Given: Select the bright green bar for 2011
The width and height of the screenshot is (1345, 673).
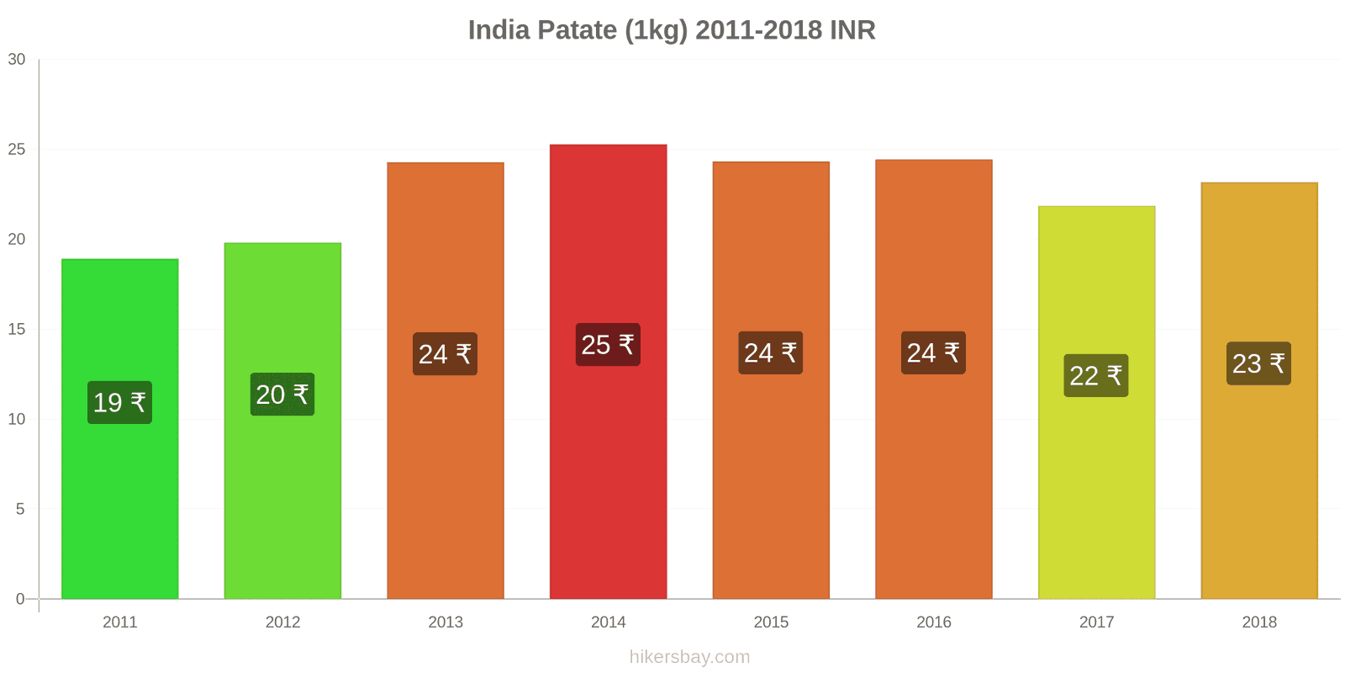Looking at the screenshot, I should coord(119,505).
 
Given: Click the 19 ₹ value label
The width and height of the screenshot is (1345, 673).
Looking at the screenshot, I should coord(119,402).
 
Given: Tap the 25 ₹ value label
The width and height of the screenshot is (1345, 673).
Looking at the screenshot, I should coord(608,345).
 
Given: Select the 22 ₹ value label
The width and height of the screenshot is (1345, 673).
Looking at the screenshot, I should coord(1095,375).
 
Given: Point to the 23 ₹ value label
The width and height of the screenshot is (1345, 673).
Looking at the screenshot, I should coord(1258,363).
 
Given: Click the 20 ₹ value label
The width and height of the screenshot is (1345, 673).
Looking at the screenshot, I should coord(282,394).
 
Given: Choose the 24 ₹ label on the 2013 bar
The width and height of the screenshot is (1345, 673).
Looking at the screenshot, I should coord(445,354).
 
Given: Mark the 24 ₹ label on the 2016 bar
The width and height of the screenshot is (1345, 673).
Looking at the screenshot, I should coord(933,352).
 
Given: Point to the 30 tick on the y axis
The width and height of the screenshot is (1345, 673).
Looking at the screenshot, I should coord(17,59).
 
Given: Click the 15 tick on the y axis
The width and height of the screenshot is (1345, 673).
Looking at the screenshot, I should coord(17,329).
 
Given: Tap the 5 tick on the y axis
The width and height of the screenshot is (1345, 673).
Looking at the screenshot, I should coord(20,509).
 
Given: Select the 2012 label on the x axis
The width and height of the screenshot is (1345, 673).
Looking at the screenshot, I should coord(282,622).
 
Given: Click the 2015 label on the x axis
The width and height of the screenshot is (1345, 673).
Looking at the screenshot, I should coord(771,622).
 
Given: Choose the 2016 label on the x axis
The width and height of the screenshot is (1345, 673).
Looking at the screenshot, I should coord(933,622).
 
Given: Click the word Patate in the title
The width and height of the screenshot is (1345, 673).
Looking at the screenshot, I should coord(578,30).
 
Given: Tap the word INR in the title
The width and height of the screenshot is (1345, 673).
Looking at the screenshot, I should coord(852,30).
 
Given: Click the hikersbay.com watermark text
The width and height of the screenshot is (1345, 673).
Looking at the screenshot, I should coord(689,657).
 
